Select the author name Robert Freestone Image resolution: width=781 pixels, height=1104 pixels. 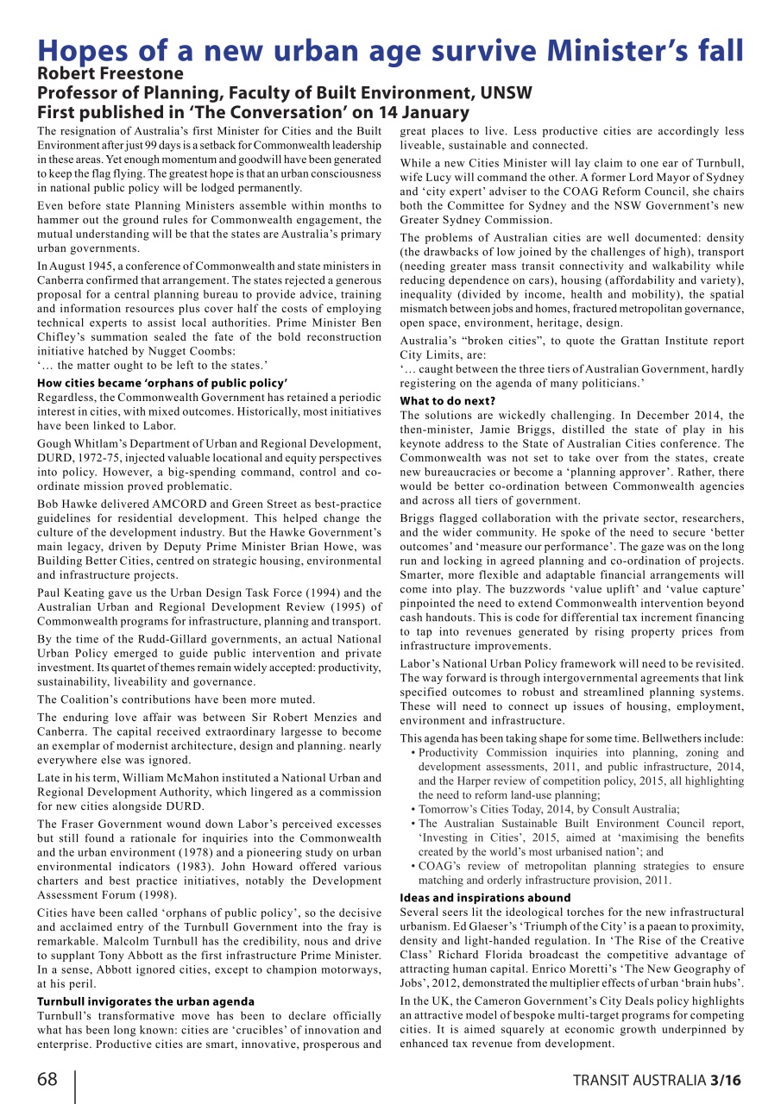tap(110, 74)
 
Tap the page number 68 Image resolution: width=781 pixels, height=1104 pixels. tap(49, 1079)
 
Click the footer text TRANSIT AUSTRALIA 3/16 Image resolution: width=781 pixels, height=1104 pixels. tap(657, 1080)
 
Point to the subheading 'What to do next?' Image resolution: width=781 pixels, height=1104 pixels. tap(447, 401)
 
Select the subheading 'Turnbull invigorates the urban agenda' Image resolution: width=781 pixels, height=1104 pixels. tap(145, 1001)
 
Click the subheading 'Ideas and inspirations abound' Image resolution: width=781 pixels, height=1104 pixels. tap(485, 898)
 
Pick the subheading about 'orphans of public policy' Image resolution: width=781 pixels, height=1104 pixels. tap(162, 383)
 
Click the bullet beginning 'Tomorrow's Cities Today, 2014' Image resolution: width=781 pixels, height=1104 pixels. tap(549, 809)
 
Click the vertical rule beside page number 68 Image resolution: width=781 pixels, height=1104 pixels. tap(75, 1087)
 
